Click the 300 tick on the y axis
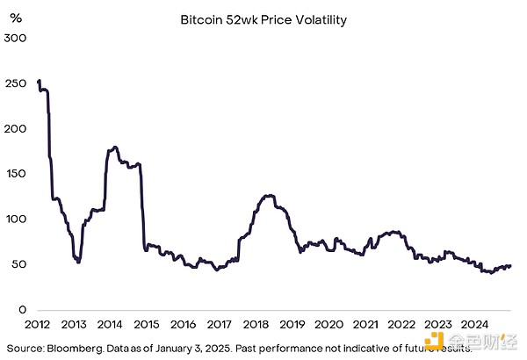[x=15, y=39]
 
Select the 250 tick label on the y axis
[x=15, y=83]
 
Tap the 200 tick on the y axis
[x=15, y=129]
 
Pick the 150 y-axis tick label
[x=15, y=174]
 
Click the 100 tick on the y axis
[x=15, y=220]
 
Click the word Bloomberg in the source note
[x=74, y=348]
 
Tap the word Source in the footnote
[x=21, y=348]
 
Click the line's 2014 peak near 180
[x=115, y=147]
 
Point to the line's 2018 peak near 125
[x=269, y=195]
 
